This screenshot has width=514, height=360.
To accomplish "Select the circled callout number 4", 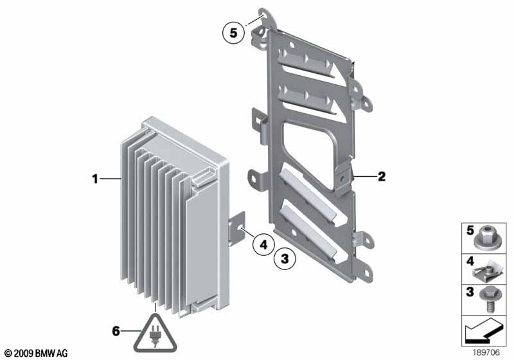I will [x=263, y=244].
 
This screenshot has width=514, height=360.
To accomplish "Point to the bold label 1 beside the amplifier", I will [x=94, y=180].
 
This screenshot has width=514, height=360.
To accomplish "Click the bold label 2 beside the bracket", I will [x=381, y=175].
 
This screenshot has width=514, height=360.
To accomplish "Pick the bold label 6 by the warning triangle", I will [x=116, y=331].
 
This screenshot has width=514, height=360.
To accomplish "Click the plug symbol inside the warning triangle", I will [x=155, y=336].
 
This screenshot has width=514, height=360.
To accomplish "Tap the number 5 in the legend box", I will [x=469, y=230].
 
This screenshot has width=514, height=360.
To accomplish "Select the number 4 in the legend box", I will [x=469, y=262].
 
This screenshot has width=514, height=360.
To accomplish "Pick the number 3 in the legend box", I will [x=469, y=292].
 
